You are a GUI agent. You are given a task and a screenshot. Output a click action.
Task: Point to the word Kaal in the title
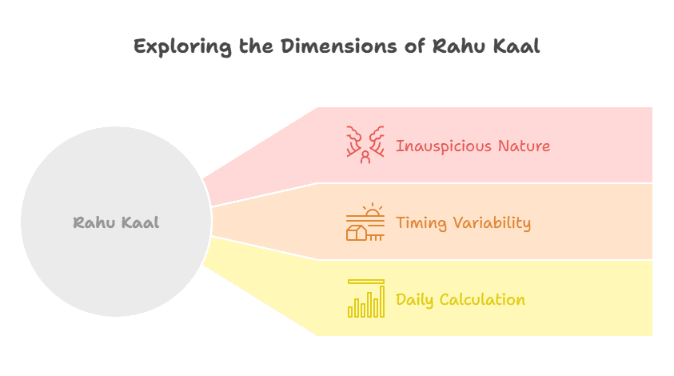(x=517, y=46)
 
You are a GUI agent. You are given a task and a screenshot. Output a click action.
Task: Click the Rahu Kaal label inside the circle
(x=116, y=222)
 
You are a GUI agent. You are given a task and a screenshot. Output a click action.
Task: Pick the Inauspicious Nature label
(x=473, y=146)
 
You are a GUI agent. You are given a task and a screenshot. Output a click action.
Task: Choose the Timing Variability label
(x=463, y=222)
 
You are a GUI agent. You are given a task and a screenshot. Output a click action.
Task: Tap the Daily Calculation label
(x=460, y=300)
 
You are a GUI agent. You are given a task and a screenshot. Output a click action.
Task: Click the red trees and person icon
(x=365, y=145)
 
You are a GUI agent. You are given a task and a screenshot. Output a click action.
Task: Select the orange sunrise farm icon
(x=365, y=222)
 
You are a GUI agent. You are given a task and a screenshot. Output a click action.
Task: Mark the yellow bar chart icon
(x=365, y=298)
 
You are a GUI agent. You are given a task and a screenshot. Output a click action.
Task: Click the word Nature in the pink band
(x=522, y=146)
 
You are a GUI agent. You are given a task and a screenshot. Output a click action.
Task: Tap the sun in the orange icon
(x=372, y=212)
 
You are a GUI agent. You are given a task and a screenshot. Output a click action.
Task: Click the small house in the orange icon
(x=357, y=233)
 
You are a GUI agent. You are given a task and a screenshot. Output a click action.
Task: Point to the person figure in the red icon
(x=365, y=156)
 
